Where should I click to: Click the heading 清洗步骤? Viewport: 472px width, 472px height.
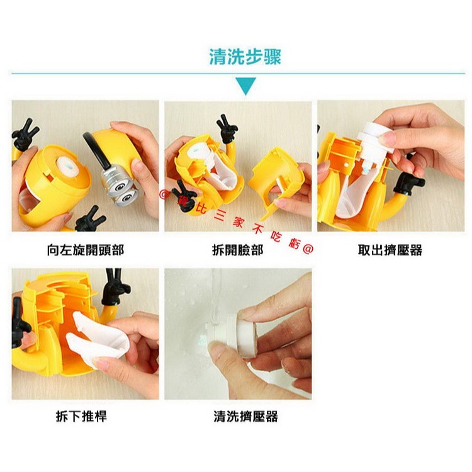(x=245, y=57)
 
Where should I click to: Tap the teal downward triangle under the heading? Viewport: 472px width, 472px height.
(x=245, y=86)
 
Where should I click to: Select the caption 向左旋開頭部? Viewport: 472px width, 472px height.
(x=86, y=250)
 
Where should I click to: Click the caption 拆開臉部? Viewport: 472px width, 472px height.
(x=237, y=250)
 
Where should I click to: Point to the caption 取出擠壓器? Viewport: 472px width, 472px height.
(x=390, y=250)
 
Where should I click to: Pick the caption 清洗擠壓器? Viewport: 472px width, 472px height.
(x=245, y=416)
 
